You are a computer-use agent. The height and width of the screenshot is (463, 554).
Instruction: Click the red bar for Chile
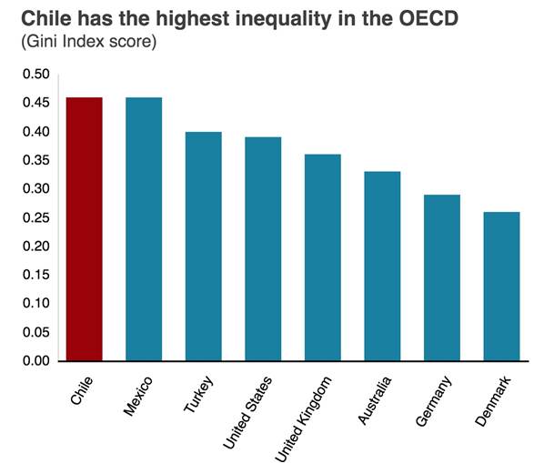(84, 229)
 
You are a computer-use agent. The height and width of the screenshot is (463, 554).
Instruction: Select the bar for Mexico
(144, 229)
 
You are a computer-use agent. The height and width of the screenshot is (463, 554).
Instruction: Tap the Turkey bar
(203, 247)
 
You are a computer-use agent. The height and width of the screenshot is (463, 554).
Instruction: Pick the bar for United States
(263, 249)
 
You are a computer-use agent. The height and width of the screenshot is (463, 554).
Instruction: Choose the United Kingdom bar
(322, 257)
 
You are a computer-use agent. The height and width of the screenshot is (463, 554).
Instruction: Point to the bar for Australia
(382, 267)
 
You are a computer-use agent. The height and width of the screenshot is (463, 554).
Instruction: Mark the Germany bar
(441, 277)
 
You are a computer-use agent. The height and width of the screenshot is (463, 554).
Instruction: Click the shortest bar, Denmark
(501, 287)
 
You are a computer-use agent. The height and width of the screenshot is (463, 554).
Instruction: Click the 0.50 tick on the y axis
(35, 75)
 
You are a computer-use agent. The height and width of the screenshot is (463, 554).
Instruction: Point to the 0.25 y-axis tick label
(35, 217)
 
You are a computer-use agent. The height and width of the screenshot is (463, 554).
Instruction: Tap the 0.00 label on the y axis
(35, 360)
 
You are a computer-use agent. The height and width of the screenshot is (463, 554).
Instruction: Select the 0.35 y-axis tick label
(35, 160)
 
